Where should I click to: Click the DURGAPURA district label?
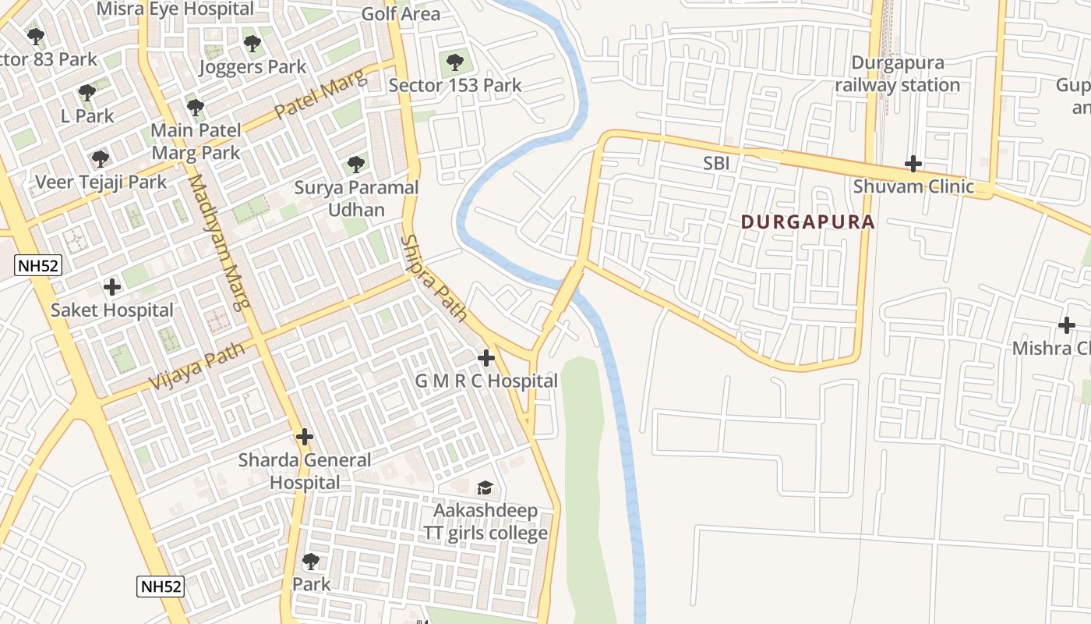[807, 222]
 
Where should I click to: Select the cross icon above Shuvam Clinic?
[913, 164]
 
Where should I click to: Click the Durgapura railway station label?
[897, 74]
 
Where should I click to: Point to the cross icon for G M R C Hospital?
[486, 358]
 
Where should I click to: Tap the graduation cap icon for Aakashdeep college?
[485, 488]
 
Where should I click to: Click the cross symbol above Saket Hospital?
[112, 287]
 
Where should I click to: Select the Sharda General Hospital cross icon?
[305, 437]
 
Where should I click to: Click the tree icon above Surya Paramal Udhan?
[356, 165]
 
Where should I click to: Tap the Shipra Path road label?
[433, 278]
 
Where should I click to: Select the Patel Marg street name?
[320, 97]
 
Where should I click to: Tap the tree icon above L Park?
[87, 93]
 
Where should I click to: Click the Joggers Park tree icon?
[251, 43]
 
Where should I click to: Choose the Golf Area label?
[401, 14]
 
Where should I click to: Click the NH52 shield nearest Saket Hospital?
[37, 265]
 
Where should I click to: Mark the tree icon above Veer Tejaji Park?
[100, 159]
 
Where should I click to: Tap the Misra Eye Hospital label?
[175, 9]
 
